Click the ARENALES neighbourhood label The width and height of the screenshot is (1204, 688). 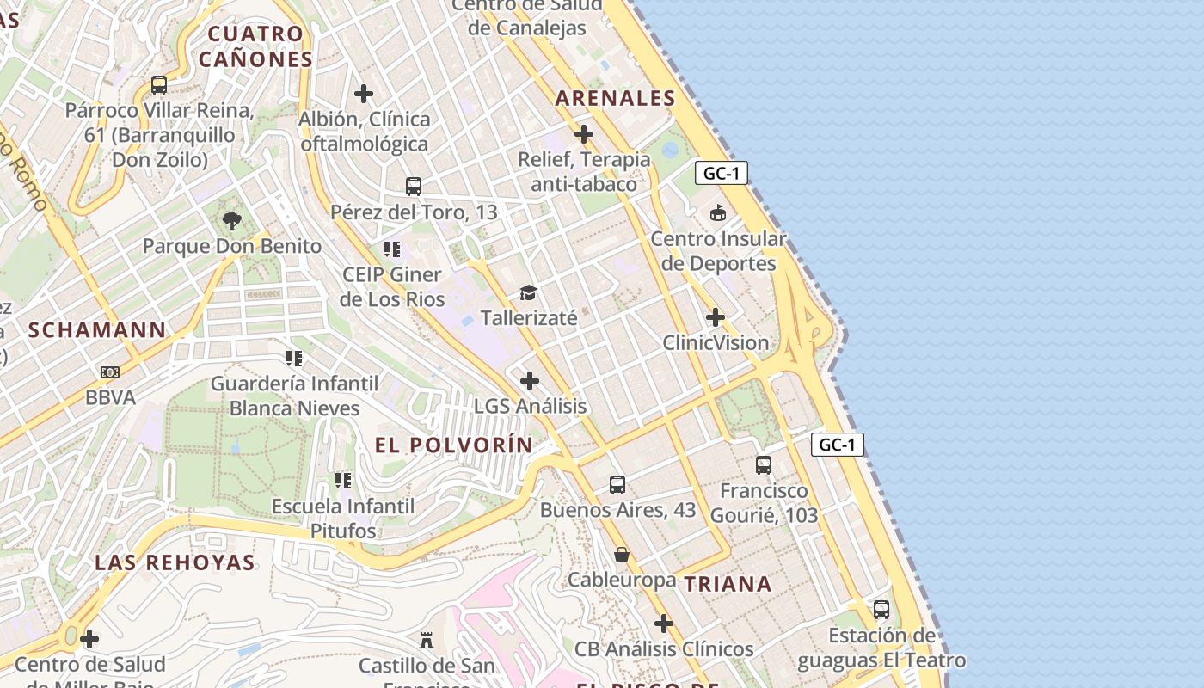click(x=615, y=98)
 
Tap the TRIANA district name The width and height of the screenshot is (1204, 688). click(x=728, y=584)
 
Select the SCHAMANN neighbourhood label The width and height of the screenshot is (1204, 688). click(x=97, y=330)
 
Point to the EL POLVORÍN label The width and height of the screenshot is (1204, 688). click(x=454, y=445)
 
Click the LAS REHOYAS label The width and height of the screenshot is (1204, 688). click(x=175, y=562)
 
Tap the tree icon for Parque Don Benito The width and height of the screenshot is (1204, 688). click(x=231, y=221)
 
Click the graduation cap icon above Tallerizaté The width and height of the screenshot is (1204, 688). click(x=528, y=293)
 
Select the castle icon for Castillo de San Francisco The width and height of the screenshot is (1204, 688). click(x=426, y=640)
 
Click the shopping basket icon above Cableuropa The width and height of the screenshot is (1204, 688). click(x=622, y=556)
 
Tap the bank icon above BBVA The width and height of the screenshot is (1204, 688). click(x=110, y=372)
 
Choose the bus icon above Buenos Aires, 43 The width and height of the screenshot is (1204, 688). click(x=617, y=484)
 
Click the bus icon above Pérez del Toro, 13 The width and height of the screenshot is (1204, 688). click(x=414, y=186)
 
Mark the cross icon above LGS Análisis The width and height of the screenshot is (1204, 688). click(x=530, y=380)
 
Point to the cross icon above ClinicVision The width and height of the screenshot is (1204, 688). click(x=715, y=317)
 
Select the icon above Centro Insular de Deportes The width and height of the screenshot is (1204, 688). click(x=717, y=212)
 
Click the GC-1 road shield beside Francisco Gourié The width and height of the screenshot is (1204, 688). click(x=837, y=445)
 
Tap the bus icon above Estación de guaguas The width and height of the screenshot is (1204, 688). click(x=881, y=610)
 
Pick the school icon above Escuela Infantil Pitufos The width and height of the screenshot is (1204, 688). click(x=343, y=480)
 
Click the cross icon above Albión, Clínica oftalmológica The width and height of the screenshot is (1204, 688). click(x=364, y=93)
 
